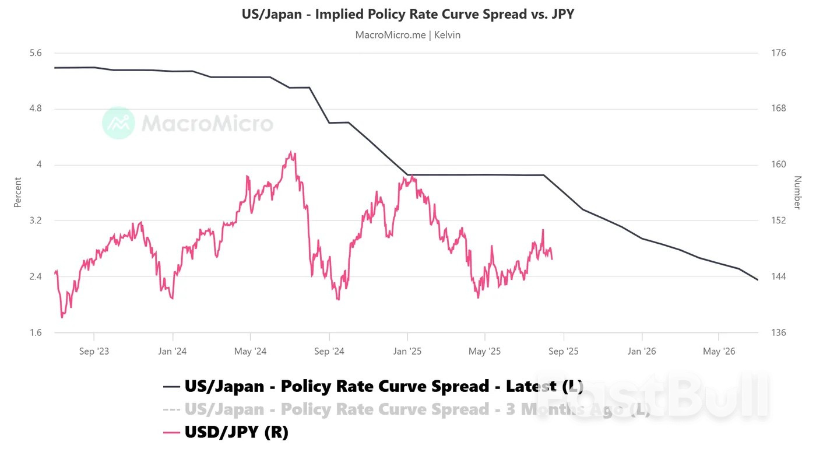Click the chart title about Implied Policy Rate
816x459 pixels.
click(408, 14)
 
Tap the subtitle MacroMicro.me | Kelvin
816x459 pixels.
click(408, 35)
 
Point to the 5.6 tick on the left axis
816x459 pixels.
click(36, 53)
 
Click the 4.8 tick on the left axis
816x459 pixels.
click(36, 108)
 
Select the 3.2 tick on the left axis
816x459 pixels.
click(36, 220)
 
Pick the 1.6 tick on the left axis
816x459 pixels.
click(36, 332)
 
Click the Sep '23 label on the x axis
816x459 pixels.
click(94, 351)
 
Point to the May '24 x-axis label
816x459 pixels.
click(250, 351)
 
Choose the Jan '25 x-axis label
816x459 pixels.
click(407, 351)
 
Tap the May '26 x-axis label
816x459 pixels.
click(719, 351)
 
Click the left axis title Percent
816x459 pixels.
click(17, 192)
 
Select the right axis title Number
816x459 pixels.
click(797, 192)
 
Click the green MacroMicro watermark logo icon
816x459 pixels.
click(118, 123)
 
